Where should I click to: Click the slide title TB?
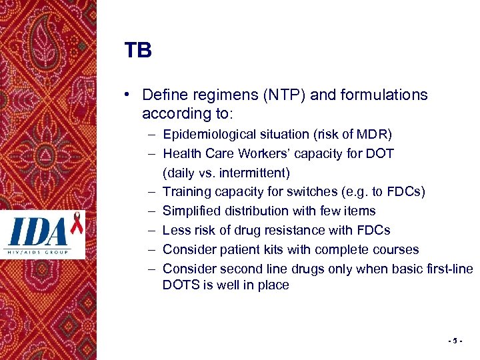click(x=137, y=51)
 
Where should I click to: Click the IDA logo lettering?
click(x=39, y=232)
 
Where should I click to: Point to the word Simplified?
click(x=191, y=211)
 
